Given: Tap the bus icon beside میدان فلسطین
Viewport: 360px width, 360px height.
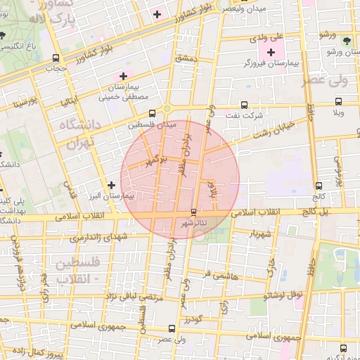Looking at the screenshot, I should tap(152, 113).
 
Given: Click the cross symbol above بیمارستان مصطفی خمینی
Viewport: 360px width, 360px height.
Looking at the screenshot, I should tap(124, 75).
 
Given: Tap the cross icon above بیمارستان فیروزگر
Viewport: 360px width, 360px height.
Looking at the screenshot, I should tap(271, 51).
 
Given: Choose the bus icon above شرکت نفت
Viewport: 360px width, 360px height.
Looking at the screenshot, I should tap(245, 103).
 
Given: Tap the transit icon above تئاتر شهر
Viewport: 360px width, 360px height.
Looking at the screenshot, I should tap(193, 211).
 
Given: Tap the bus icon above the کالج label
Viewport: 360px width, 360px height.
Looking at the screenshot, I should tap(319, 186).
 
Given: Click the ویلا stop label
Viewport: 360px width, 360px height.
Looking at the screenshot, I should tap(338, 112).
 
